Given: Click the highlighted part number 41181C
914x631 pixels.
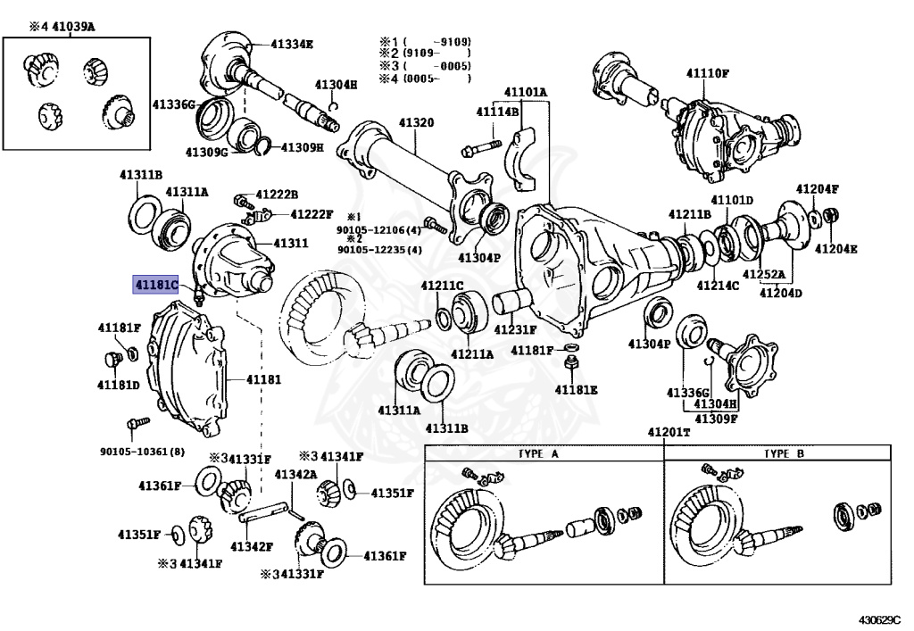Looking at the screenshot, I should click(156, 285).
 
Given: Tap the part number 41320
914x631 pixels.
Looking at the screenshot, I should click(416, 122).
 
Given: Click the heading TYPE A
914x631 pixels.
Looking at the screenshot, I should click(538, 453).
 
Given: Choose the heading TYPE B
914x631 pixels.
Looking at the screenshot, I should click(784, 453).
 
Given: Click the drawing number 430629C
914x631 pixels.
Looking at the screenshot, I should click(880, 619).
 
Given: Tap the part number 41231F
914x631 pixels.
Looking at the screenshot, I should click(517, 329).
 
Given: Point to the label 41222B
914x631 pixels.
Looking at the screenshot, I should click(277, 194).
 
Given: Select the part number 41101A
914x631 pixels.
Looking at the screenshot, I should click(526, 92).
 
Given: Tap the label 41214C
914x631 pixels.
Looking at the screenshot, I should click(719, 286).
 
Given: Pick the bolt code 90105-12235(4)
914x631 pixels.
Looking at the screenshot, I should click(379, 250).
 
